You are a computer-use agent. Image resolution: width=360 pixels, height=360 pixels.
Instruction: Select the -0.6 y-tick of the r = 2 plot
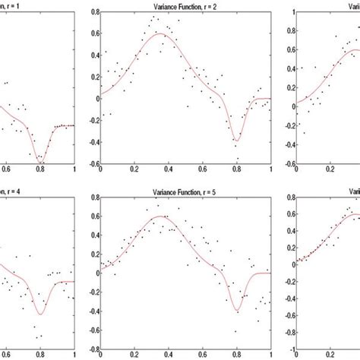pyautogui.click(x=91, y=164)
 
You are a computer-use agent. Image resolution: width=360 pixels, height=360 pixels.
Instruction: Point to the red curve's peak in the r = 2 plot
pyautogui.click(x=160, y=34)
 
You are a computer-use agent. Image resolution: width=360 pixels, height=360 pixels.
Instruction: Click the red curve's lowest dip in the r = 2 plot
pyautogui.click(x=236, y=141)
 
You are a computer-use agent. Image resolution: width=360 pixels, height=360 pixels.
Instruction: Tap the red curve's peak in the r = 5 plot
pyautogui.click(x=160, y=216)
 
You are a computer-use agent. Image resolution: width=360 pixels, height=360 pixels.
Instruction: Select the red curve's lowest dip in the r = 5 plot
pyautogui.click(x=237, y=311)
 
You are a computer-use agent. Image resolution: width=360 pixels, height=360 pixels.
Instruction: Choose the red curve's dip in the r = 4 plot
pyautogui.click(x=41, y=314)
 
